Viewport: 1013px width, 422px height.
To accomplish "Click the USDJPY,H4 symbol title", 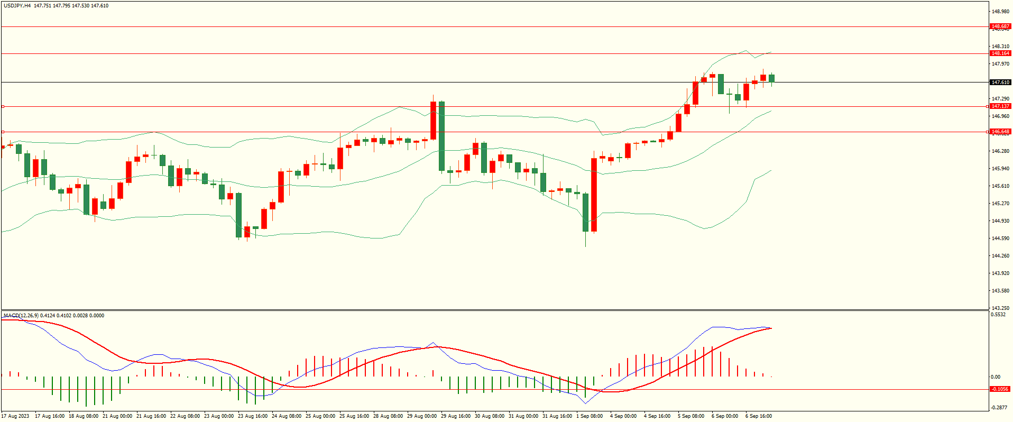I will pos(16,6).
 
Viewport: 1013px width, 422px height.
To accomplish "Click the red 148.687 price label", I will pos(1000,26).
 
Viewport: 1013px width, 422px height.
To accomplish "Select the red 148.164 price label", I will pos(1000,53).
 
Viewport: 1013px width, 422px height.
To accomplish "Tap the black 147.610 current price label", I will pos(1000,82).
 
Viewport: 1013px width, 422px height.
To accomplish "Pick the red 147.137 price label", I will pos(1000,106).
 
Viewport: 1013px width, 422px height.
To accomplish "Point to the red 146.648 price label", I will pos(1000,132).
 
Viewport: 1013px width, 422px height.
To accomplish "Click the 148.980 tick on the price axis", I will pos(1000,12).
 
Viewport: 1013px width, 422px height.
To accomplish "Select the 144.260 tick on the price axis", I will pos(1000,256).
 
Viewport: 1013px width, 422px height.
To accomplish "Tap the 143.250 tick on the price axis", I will pos(1000,308).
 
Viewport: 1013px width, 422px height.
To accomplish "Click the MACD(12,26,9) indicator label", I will pos(21,316).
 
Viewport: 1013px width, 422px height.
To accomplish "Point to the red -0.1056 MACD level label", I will pos(999,389).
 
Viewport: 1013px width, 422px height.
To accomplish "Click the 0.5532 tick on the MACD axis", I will pos(998,315).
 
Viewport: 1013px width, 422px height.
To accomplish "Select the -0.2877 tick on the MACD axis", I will pos(999,408).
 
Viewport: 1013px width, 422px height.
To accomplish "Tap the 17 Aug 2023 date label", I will pos(15,416).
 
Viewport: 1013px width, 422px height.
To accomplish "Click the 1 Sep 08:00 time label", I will pos(590,416).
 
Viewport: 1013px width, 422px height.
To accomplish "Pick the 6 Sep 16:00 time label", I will pos(759,416).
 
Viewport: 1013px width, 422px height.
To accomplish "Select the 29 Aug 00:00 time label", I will pos(421,416).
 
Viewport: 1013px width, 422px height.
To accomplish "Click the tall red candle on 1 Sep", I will pos(594,195).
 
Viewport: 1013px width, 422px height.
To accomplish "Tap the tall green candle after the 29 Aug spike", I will pos(441,136).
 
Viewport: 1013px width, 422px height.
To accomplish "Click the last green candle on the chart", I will pos(772,78).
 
